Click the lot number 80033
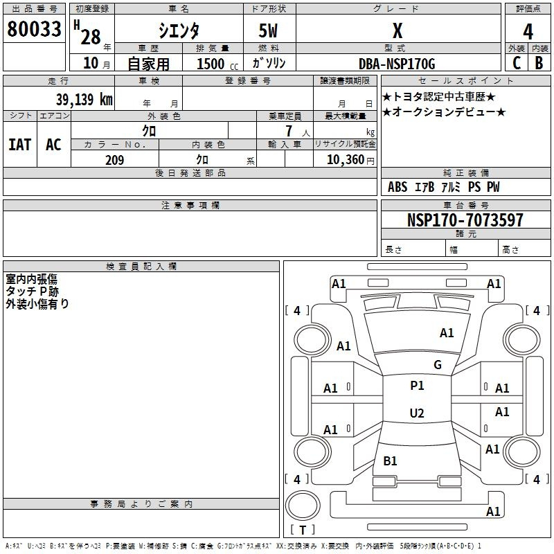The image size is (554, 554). pyautogui.click(x=34, y=29)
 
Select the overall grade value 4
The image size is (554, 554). pyautogui.click(x=528, y=32)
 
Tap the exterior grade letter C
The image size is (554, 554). pyautogui.click(x=517, y=63)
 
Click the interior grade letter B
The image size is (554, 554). pyautogui.click(x=539, y=63)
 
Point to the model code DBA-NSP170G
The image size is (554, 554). pyautogui.click(x=397, y=64)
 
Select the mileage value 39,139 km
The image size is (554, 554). pyautogui.click(x=84, y=99)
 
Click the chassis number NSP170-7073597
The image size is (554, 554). pyautogui.click(x=465, y=220)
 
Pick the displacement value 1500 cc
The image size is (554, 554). pyautogui.click(x=217, y=64)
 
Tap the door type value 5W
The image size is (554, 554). pyautogui.click(x=268, y=30)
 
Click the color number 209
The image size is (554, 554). pyautogui.click(x=115, y=160)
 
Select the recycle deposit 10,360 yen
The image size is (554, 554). pyautogui.click(x=350, y=160)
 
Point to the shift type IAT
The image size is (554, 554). pyautogui.click(x=20, y=145)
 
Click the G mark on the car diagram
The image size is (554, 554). pyautogui.click(x=438, y=365)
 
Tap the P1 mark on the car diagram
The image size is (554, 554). pyautogui.click(x=417, y=386)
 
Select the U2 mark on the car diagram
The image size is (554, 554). pyautogui.click(x=417, y=413)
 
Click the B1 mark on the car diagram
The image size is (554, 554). pyautogui.click(x=390, y=461)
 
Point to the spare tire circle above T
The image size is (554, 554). pyautogui.click(x=303, y=506)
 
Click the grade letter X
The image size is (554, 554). pyautogui.click(x=397, y=30)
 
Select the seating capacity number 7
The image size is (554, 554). pyautogui.click(x=289, y=131)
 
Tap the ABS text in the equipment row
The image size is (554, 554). pyautogui.click(x=397, y=187)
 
